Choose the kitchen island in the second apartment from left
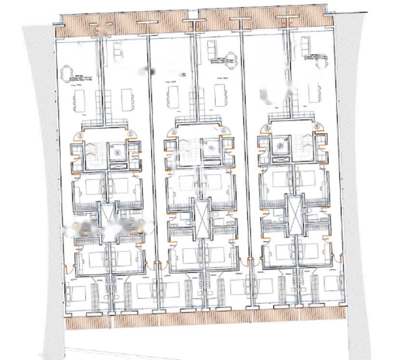click(128, 100)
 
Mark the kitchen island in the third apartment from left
click(172, 97)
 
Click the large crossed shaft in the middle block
click(202, 219)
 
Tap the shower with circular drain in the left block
click(116, 152)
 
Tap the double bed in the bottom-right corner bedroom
click(331, 283)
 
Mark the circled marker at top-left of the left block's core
click(80, 136)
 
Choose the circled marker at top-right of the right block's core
click(318, 126)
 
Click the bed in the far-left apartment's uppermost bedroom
click(90, 185)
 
